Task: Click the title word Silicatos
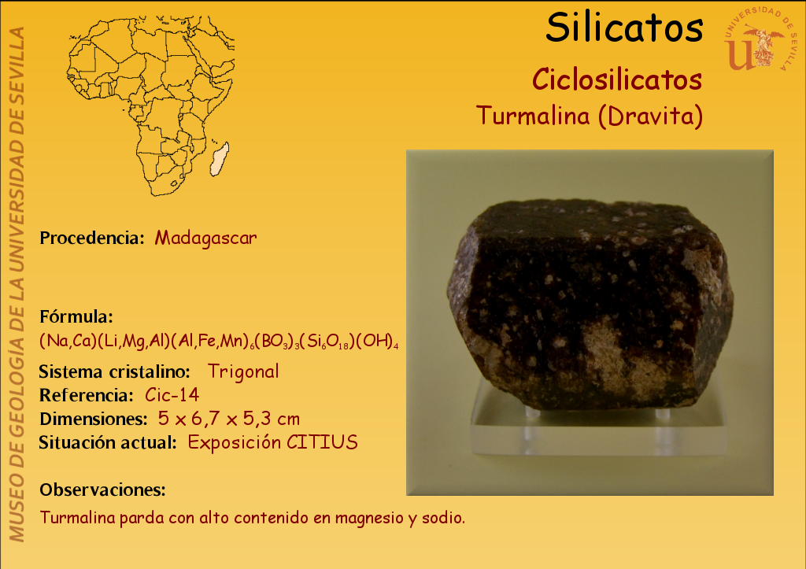tap(624, 28)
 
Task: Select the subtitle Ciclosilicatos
tap(617, 80)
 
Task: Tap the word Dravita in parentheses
tap(650, 116)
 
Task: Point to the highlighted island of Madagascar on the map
tap(220, 158)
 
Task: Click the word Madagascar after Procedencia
tap(205, 238)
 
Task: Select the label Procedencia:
tap(92, 238)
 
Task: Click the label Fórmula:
tap(76, 316)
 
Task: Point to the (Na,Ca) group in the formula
tap(68, 342)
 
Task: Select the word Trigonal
tap(243, 371)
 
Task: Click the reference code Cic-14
tap(172, 395)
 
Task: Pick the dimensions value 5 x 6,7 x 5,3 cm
tap(229, 419)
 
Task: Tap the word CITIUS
tap(322, 442)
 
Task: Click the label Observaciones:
tap(102, 490)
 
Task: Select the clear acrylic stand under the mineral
tap(599, 427)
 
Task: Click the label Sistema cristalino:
tap(115, 371)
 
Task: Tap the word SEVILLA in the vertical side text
tap(17, 60)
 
